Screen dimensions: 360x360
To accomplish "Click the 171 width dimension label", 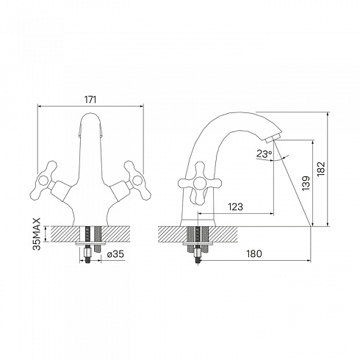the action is point(90,100).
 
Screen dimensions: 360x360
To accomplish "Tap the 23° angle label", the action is point(264,154).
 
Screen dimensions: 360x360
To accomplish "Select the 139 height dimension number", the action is point(306,183).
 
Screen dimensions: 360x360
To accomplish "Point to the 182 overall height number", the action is point(320,169).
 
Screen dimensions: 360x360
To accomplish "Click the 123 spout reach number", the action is point(236,206).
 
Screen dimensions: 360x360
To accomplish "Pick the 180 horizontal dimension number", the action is point(254,253).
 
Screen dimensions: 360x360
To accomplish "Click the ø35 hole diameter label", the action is point(115,254).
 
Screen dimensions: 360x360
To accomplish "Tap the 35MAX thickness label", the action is point(37,234).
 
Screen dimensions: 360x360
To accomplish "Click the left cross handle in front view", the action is point(43,181).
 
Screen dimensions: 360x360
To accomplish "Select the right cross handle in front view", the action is point(137,181).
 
